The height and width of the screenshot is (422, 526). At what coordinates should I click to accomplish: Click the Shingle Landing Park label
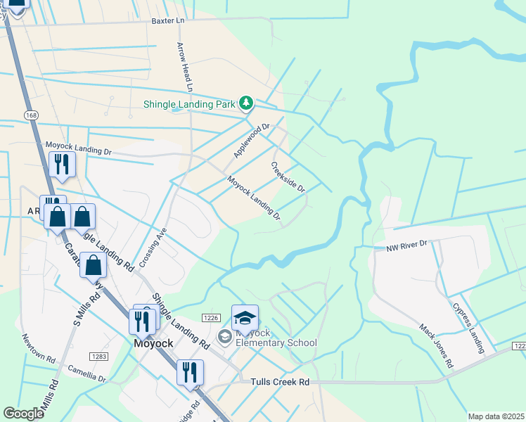coord(188,104)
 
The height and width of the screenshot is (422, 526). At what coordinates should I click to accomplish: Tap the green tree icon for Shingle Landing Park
coord(245,103)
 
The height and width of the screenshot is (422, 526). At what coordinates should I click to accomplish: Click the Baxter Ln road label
coord(167,21)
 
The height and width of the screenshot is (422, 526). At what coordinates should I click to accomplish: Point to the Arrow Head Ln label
coord(184,67)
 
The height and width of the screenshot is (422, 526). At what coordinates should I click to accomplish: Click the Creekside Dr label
coord(288,178)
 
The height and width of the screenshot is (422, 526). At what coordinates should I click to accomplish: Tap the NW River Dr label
coord(406,245)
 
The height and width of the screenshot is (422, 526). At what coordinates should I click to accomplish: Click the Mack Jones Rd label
coord(437,346)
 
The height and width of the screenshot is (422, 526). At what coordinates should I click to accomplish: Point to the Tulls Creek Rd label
coord(280,382)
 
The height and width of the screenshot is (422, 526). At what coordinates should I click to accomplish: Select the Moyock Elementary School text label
coord(275,338)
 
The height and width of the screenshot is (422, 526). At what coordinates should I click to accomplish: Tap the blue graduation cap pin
coord(245,318)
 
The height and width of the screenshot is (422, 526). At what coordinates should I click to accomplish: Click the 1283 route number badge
coord(99,357)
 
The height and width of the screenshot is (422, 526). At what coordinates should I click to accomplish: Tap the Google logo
coord(23,414)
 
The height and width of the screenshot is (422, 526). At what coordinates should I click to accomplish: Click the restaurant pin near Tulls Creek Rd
coord(190,372)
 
